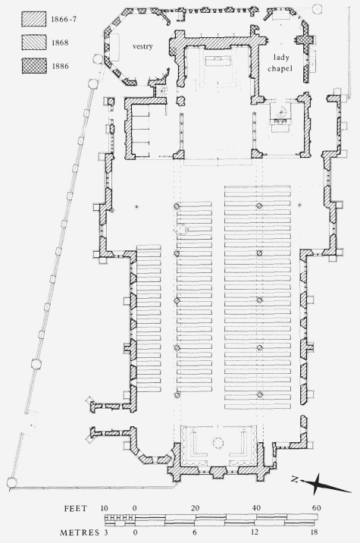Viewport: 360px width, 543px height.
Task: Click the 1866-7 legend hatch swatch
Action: coord(34,19)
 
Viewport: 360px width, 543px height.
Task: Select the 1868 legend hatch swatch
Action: coord(34,42)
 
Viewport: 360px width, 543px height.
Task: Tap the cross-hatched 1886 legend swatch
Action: coord(34,66)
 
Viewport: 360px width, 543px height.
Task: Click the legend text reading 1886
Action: coord(60,66)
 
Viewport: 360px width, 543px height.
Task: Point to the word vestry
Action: coord(142,46)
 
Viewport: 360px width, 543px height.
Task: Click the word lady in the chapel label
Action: coord(281,58)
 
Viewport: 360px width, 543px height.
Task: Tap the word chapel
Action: coord(280,68)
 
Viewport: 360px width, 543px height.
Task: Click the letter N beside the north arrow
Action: coord(295,479)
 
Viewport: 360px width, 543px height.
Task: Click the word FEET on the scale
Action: coord(76,508)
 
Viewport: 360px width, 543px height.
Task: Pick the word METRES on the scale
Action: coord(80,532)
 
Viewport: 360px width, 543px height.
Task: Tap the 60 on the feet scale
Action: coord(316,508)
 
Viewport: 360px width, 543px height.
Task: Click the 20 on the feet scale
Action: coord(196,508)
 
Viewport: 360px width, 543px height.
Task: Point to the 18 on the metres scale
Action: coord(314,532)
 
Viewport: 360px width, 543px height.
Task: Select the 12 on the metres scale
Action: coord(255,532)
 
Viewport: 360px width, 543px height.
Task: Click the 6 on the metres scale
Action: coord(196,532)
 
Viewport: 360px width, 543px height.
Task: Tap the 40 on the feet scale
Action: coord(256,508)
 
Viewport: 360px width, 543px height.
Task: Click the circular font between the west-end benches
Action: coord(218,443)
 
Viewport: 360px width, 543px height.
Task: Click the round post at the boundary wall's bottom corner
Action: coord(11,482)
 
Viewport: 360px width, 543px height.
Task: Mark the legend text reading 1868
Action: coord(60,42)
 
